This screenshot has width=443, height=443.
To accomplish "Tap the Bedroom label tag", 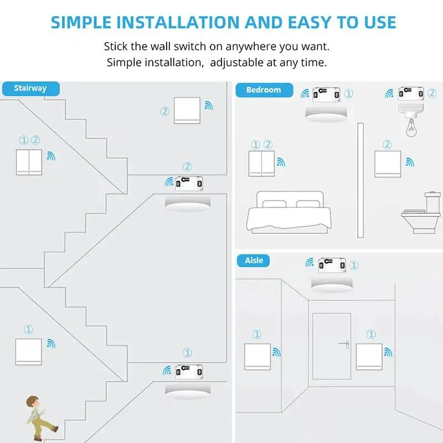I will point(263,90).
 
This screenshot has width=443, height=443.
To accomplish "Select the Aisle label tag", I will point(254,260).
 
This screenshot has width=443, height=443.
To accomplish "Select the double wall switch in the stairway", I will point(29,162).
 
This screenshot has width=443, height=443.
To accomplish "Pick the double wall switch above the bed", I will point(261,164).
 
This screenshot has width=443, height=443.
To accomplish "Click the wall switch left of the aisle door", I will point(257,357).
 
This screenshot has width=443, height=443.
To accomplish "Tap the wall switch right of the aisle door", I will point(369,357).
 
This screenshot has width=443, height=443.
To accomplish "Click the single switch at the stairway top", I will point(187,110).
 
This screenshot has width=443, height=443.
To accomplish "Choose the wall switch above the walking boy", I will point(29,352).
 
